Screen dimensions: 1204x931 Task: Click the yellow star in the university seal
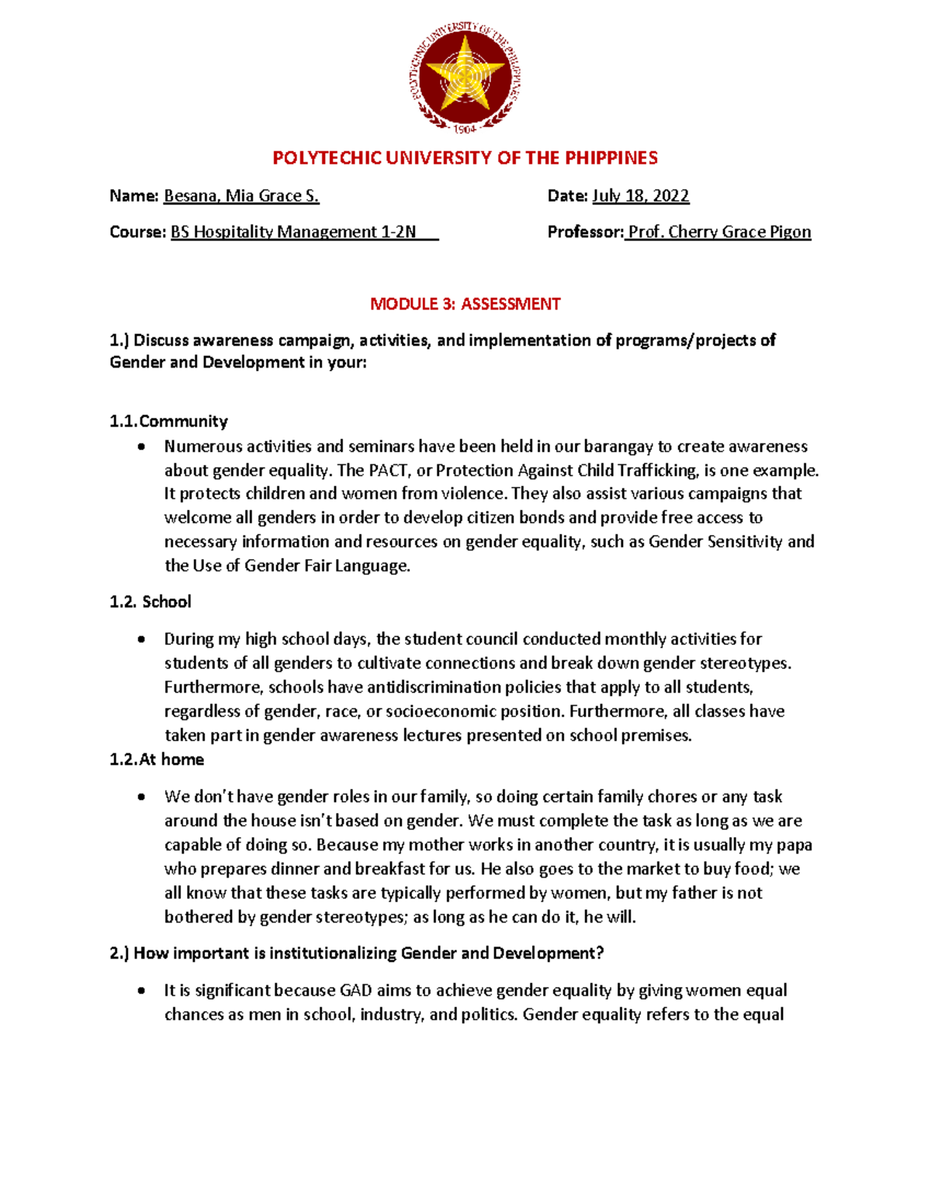pyautogui.click(x=465, y=74)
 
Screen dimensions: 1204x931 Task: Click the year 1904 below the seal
pyautogui.click(x=465, y=129)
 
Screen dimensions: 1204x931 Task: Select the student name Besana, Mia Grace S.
pyautogui.click(x=241, y=196)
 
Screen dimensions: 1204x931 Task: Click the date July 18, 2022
pyautogui.click(x=641, y=196)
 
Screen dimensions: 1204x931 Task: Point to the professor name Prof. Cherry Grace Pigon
pyautogui.click(x=719, y=232)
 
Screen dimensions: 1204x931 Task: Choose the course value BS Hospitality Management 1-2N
pyautogui.click(x=293, y=232)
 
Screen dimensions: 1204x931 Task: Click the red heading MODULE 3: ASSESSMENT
pyautogui.click(x=465, y=304)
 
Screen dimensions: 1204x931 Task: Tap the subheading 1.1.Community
pyautogui.click(x=169, y=422)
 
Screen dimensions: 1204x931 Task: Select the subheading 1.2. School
pyautogui.click(x=151, y=602)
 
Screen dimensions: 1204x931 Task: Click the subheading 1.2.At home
pyautogui.click(x=157, y=760)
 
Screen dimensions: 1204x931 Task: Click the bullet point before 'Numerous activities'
pyautogui.click(x=140, y=447)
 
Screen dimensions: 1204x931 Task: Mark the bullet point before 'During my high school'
pyautogui.click(x=140, y=640)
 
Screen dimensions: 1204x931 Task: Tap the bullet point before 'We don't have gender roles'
pyautogui.click(x=140, y=798)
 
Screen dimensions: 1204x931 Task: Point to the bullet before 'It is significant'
pyautogui.click(x=140, y=992)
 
